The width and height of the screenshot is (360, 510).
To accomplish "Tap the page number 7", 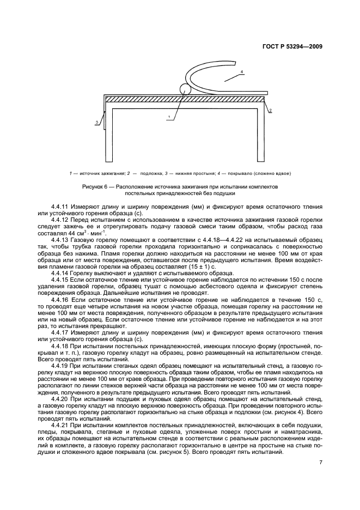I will [x=321, y=463].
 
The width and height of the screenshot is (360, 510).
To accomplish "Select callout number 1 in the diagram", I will [x=169, y=117].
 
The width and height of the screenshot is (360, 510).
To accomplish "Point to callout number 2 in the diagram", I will [x=271, y=111].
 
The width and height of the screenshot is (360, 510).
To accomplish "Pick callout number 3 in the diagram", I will [x=96, y=123].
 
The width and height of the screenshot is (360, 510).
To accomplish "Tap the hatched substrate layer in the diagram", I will [x=185, y=99].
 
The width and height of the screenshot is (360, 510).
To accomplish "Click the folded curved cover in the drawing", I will [x=229, y=81].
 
